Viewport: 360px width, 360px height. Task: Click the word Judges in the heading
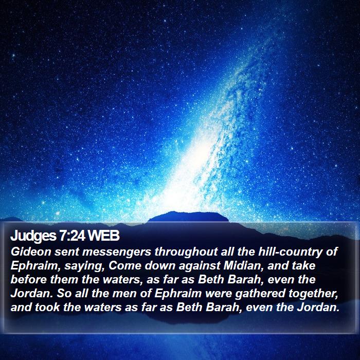[x=33, y=236]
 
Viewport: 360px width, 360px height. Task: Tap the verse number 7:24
[x=73, y=236]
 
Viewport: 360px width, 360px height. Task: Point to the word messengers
[x=117, y=253]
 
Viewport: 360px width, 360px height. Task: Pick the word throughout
[x=186, y=253]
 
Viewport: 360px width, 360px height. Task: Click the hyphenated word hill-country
[x=290, y=253]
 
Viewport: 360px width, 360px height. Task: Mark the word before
[x=28, y=280]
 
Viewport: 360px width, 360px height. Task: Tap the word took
[x=47, y=308]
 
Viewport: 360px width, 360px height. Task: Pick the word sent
[x=66, y=253]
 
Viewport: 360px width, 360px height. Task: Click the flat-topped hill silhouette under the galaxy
[x=188, y=217]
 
